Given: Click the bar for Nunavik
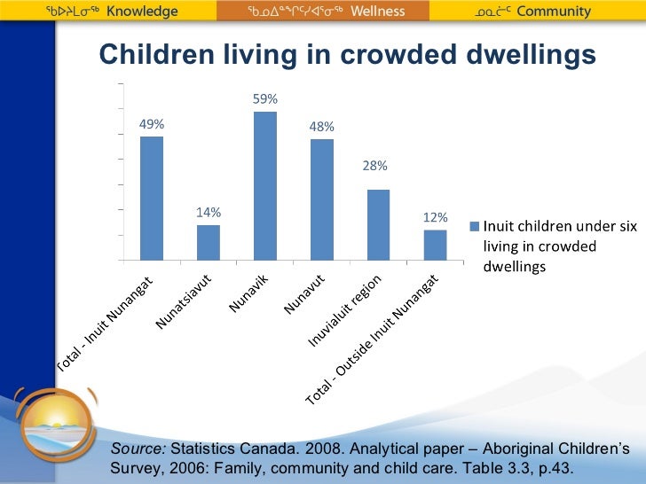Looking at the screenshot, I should pos(265,185).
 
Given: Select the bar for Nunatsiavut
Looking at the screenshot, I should pos(209,242).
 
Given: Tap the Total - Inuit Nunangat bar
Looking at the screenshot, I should pos(152,198).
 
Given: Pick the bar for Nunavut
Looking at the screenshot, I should pos(322,199).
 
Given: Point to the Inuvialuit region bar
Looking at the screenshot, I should pos(378,224).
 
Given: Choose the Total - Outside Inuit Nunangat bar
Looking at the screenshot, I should pos(435,245).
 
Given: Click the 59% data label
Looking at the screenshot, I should pos(265,98).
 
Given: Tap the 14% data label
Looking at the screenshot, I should pos(209,213).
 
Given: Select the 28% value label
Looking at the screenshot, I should pos(378,166).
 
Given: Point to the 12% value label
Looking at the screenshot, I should pos(435,217).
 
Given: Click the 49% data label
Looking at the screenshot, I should pos(152,125).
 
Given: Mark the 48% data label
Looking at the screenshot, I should pos(322,127).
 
